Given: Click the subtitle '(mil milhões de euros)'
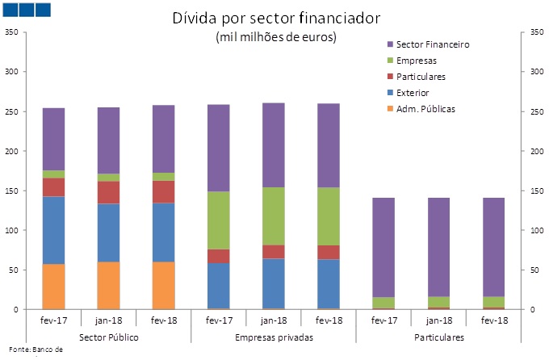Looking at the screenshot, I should pos(276,37).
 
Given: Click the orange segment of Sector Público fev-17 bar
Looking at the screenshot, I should pos(54,287).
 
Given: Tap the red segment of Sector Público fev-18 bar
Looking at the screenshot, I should pos(163,191).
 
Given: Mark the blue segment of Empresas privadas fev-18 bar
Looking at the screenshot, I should pos(329,283).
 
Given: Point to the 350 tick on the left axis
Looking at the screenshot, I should pos(11,32).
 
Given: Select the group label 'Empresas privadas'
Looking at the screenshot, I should pos(274,336).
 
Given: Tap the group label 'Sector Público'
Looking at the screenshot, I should pos(108,336).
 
